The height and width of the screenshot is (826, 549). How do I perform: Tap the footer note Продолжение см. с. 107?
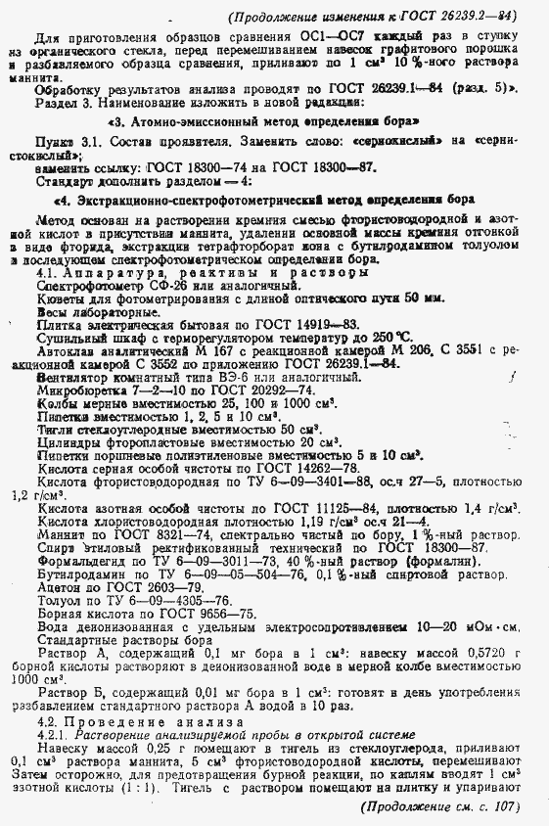(439, 807)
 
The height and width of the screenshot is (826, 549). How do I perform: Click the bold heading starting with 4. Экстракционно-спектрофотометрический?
(267, 200)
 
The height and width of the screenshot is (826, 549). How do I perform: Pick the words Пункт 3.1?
(70, 142)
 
